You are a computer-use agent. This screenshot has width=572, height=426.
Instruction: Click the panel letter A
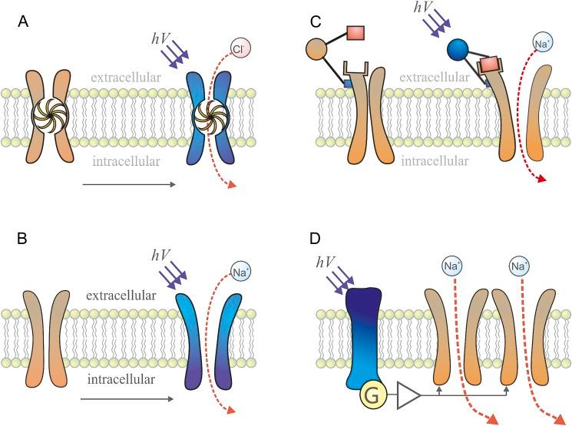(x=25, y=23)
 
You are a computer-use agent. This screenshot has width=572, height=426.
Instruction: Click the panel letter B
(x=25, y=239)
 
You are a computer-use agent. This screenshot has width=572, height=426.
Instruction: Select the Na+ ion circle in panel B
(x=240, y=270)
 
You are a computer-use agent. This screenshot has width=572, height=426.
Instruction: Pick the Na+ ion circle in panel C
(x=541, y=45)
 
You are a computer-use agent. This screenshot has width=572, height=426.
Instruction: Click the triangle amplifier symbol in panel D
(x=408, y=398)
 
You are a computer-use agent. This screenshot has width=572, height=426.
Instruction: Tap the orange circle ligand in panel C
(x=322, y=50)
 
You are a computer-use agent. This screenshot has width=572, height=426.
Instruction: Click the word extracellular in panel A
(x=126, y=78)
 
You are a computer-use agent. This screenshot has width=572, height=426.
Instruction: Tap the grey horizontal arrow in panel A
(x=128, y=184)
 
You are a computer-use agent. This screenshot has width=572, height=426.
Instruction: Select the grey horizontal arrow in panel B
(x=128, y=398)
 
